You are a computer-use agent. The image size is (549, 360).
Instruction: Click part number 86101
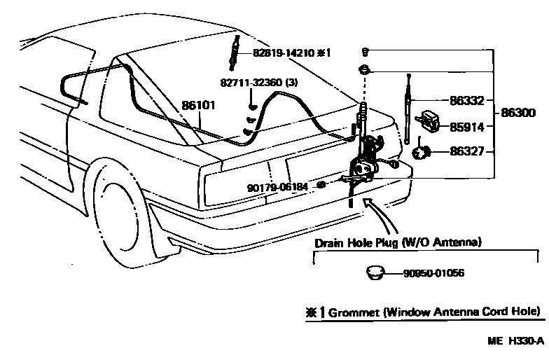198,106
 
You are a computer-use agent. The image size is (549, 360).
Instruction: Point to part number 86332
467,102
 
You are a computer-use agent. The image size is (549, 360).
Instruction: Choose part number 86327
467,151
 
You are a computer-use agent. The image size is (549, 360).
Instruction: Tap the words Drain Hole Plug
356,242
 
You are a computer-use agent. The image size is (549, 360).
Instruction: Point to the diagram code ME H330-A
516,342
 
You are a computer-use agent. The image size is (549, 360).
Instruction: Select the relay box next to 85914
431,122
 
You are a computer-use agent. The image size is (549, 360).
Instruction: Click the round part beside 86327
422,151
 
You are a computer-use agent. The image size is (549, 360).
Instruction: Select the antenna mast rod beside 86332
407,112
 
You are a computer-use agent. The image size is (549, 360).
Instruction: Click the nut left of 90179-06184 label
321,185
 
